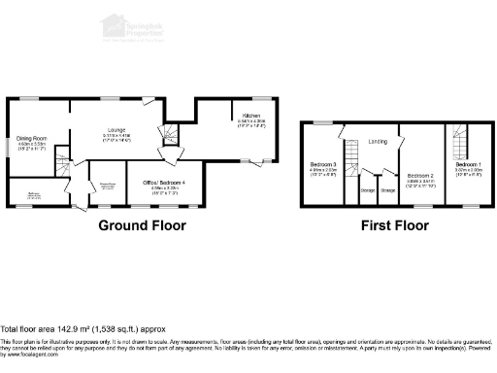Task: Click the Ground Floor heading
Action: [142, 225]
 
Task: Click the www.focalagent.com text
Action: [30, 356]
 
